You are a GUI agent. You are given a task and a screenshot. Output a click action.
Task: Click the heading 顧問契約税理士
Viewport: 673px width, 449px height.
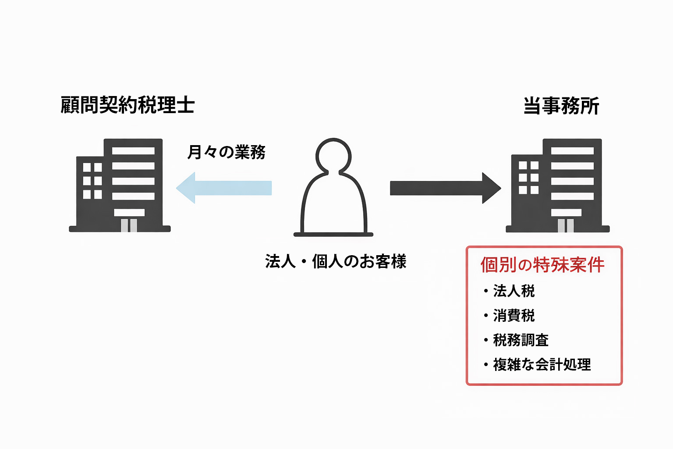[128, 105]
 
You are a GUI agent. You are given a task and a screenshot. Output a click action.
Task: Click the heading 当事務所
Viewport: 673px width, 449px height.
[561, 106]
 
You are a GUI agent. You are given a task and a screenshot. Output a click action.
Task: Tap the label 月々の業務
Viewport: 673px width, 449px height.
[226, 152]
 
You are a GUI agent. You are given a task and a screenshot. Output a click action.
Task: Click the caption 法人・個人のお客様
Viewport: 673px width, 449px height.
[336, 261]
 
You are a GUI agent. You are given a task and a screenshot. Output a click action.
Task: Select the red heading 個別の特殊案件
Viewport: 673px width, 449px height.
[542, 265]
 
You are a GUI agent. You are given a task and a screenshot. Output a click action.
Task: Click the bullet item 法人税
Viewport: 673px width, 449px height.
[514, 291]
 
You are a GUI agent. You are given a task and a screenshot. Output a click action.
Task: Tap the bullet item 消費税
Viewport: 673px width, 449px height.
[514, 315]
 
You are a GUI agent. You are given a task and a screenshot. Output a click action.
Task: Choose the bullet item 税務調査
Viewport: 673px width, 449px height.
[521, 340]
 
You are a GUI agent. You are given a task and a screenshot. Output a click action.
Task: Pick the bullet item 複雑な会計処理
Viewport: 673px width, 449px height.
[542, 364]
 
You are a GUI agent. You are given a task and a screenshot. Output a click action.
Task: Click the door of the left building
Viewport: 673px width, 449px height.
[129, 225]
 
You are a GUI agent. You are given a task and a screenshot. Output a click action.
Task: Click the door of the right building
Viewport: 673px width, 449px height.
[566, 225]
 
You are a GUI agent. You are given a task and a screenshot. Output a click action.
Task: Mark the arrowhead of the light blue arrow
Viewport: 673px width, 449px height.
[186, 188]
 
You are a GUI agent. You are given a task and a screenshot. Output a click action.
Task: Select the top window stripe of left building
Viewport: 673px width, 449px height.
[133, 151]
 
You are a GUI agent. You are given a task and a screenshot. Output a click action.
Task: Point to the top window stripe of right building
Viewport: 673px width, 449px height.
[572, 151]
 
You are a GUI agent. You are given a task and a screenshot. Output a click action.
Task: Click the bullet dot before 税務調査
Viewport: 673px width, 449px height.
[486, 340]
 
